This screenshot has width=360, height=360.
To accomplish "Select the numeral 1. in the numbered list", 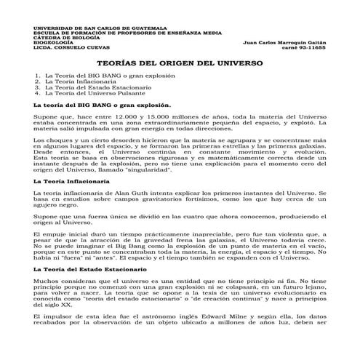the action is [37, 76].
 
